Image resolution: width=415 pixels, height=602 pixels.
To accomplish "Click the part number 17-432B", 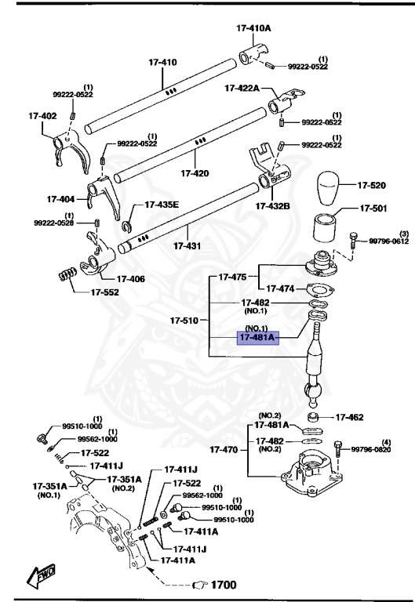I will click(x=271, y=206).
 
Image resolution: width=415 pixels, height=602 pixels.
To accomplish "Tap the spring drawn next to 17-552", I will click(x=68, y=276).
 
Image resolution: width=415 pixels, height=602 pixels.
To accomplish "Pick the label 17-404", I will click(x=61, y=198).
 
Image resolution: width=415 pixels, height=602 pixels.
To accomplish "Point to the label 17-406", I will click(x=131, y=277).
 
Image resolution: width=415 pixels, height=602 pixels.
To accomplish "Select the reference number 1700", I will click(x=220, y=585).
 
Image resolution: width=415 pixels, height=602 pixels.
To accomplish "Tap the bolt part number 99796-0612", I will click(x=389, y=241).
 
